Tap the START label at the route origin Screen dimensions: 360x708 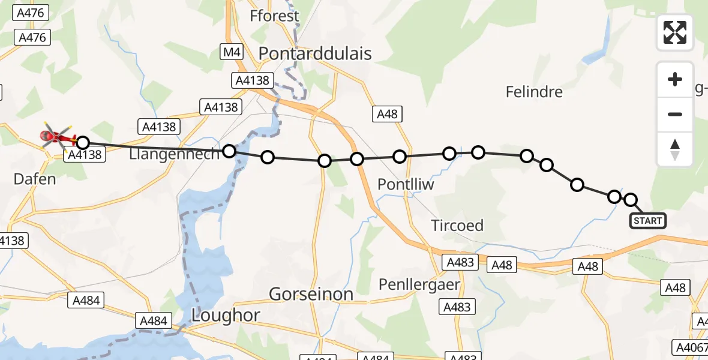[x=648, y=221]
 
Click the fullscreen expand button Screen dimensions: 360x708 [x=675, y=32]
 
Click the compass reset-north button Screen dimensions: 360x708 [x=675, y=149]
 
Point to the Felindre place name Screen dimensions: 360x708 [x=534, y=92]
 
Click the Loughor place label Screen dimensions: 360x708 [x=226, y=315]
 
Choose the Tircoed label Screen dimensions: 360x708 [x=457, y=226]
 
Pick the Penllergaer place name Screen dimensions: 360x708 [x=419, y=284]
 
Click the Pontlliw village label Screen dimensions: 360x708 [x=406, y=185]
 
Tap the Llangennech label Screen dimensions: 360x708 [x=175, y=154]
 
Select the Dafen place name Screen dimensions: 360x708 [x=35, y=179]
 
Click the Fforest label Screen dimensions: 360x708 [x=275, y=16]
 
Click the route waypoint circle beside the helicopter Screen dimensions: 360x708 [x=83, y=143]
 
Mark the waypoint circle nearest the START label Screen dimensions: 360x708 [x=631, y=200]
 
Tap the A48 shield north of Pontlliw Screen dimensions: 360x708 [x=387, y=114]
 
